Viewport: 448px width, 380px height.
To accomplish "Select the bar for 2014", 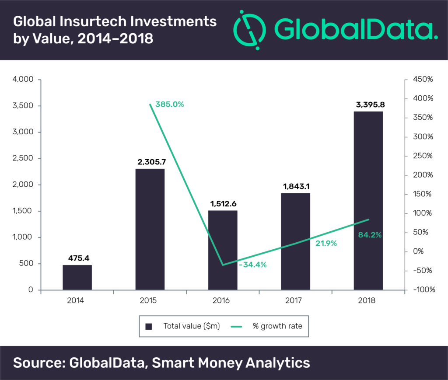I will coord(77,277).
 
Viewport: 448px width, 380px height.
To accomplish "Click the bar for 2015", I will coord(150,229).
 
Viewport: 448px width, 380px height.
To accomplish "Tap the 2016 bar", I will coord(223,250).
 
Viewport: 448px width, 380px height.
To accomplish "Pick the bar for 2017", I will coord(295,241).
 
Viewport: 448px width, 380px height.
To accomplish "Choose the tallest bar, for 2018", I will coord(368,200).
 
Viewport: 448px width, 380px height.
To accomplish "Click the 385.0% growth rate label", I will coord(170,105).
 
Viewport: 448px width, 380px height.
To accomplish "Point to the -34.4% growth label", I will coord(252,265).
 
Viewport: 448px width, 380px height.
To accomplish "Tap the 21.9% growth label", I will coord(326,244).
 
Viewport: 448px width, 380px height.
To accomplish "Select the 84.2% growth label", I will coord(369,235).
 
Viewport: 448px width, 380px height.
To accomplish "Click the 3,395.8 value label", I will coord(368,105).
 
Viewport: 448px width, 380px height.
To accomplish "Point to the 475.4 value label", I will coord(77,258).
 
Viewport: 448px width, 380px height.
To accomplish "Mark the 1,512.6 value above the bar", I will coord(223,204).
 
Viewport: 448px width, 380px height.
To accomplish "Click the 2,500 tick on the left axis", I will coord(24,158).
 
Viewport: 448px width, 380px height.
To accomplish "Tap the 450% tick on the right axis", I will coord(423,80).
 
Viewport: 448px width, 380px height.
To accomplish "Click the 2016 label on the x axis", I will coord(223,301).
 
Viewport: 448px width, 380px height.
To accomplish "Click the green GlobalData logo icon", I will coord(249,29).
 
